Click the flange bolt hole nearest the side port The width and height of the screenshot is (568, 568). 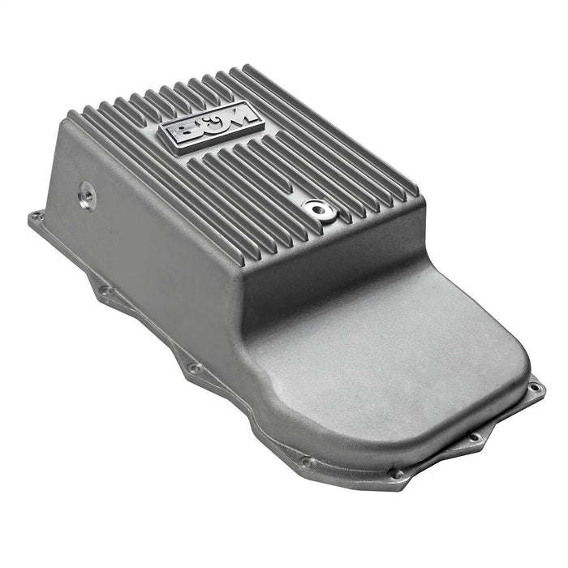pyautogui.click(x=36, y=217)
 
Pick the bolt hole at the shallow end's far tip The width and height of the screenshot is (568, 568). pyautogui.click(x=535, y=389)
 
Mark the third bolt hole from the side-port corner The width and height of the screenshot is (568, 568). pyautogui.click(x=193, y=368)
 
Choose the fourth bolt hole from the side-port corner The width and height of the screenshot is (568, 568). pyautogui.click(x=306, y=463)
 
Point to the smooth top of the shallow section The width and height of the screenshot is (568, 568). pyautogui.click(x=406, y=341)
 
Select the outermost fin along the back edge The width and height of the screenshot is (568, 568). pyautogui.click(x=325, y=122)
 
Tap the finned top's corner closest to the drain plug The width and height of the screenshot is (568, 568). pyautogui.click(x=418, y=199)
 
